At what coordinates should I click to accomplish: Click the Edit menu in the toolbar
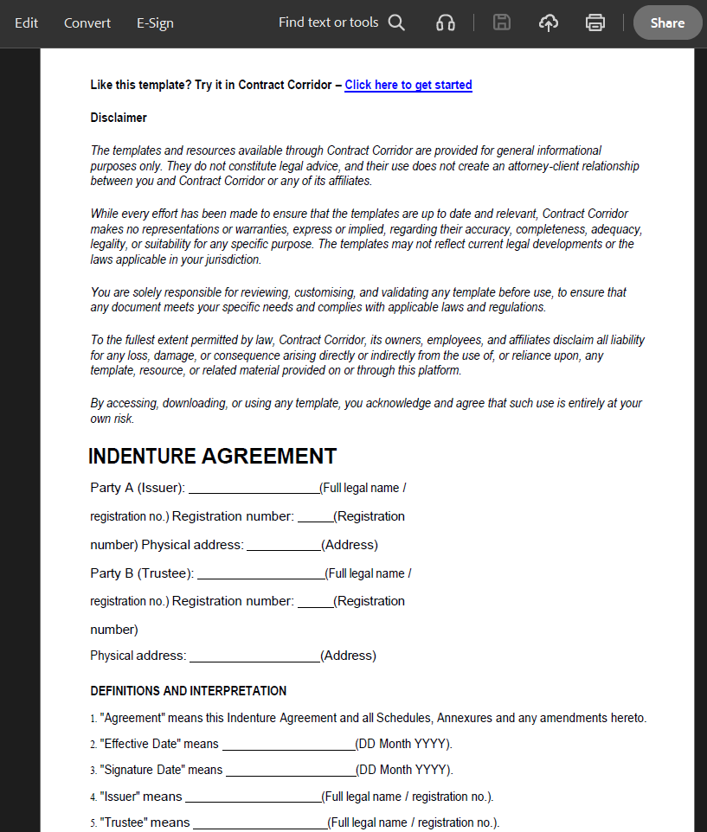point(26,23)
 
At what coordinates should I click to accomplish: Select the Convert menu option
point(87,23)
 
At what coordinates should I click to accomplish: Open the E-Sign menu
point(155,23)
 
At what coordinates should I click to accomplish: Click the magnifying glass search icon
point(396,22)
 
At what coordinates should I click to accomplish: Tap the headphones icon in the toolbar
point(446,23)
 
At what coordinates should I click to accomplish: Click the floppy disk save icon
point(502,23)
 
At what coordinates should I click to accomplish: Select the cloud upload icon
point(549,23)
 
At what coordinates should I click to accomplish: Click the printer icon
point(595,23)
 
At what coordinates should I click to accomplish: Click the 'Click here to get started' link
point(408,85)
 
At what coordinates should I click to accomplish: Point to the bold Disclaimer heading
point(119,118)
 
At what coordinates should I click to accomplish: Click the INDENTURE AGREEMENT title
point(212,457)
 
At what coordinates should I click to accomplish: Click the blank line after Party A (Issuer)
point(254,489)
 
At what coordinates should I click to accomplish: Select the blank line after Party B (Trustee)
point(260,574)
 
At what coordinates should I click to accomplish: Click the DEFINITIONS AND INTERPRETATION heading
point(188,691)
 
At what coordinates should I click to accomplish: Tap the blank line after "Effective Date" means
point(288,745)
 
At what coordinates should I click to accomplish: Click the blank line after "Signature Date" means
point(290,771)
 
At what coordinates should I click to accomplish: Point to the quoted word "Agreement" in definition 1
point(132,718)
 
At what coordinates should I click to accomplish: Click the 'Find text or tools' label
point(328,22)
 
